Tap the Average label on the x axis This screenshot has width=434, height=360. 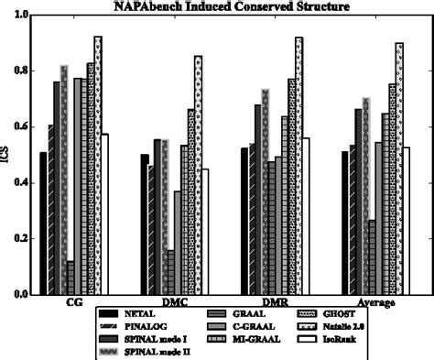(376, 302)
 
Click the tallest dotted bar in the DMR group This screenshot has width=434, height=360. (298, 166)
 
